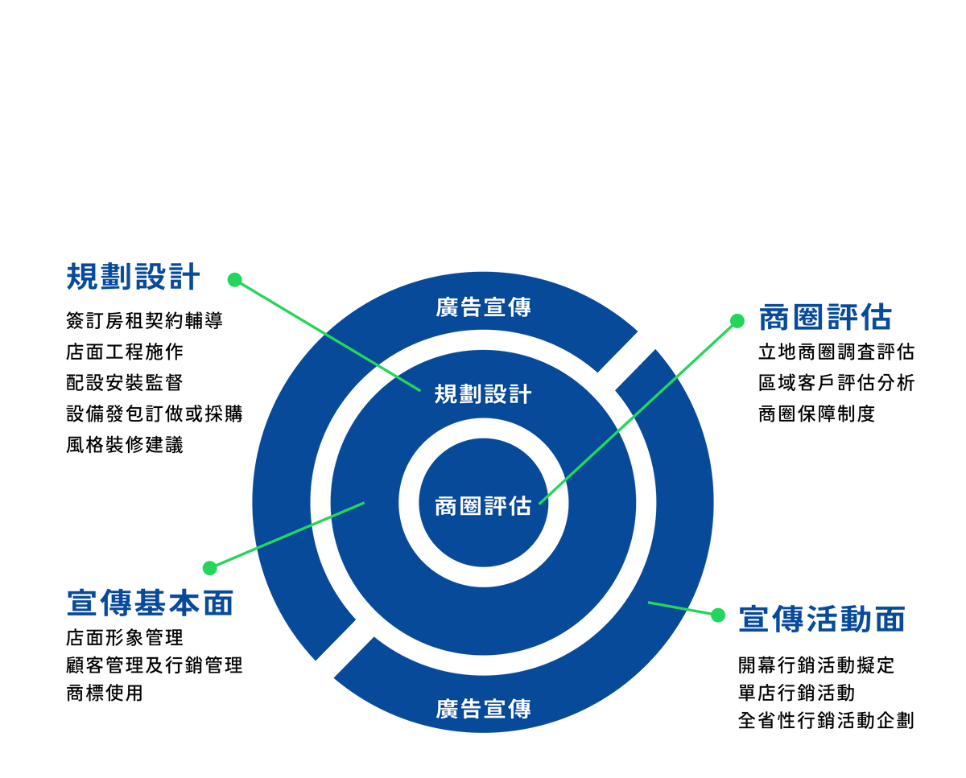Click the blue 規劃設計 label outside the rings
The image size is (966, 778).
click(133, 276)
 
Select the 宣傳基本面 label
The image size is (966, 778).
click(150, 603)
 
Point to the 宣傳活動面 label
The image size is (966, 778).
click(822, 620)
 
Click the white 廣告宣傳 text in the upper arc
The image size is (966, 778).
click(483, 307)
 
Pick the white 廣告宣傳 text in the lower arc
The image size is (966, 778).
click(483, 709)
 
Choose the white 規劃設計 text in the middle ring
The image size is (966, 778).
click(483, 393)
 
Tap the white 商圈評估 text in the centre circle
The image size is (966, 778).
click(483, 506)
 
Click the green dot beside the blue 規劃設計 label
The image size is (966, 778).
click(234, 279)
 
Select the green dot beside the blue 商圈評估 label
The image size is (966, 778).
click(737, 321)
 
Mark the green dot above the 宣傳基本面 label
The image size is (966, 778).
click(210, 568)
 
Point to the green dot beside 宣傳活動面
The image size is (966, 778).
click(718, 615)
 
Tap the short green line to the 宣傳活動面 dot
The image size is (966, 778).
click(680, 608)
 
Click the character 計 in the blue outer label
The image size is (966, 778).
click(184, 276)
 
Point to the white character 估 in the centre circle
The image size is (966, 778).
click(520, 506)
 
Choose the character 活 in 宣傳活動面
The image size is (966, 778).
click(822, 620)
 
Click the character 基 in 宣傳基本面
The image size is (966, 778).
click(150, 603)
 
